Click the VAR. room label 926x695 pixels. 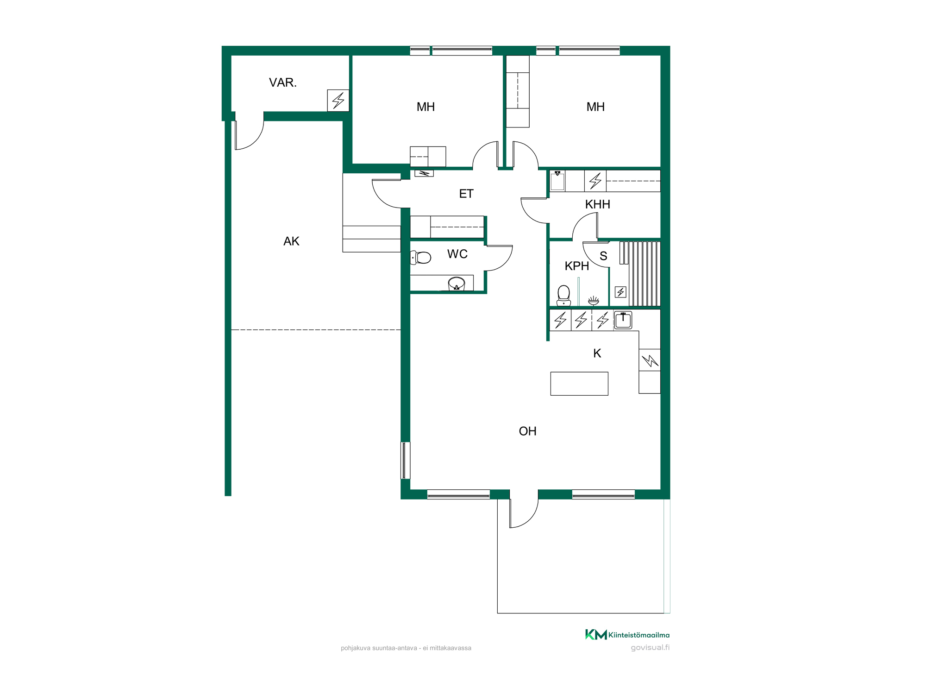282,82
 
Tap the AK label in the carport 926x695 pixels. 291,241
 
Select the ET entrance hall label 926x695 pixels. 466,194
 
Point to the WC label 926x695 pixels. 457,254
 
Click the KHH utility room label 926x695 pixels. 597,204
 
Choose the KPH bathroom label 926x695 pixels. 577,266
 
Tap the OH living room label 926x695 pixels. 527,431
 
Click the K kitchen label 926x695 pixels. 597,354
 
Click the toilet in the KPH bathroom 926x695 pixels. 563,296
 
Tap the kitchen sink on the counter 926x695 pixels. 623,320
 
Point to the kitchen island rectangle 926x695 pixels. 579,384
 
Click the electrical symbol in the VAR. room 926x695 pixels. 338,101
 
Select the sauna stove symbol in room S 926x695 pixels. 620,292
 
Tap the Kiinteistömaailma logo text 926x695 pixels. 639,635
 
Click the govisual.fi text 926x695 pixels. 650,648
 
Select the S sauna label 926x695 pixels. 603,256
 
